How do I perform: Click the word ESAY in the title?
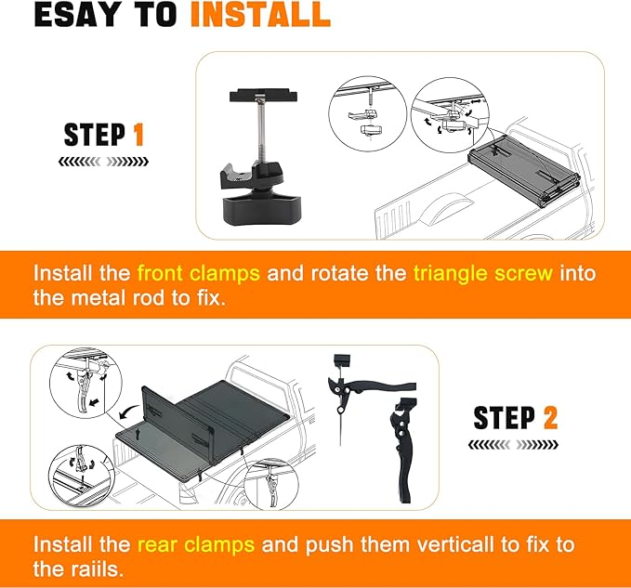75,15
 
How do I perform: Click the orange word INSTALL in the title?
260,15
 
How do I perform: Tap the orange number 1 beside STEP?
138,135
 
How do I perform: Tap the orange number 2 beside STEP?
550,417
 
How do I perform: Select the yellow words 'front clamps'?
199,273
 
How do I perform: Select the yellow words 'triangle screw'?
483,274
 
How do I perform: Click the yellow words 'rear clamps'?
196,545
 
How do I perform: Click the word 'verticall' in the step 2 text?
455,545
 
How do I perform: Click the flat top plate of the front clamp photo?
264,96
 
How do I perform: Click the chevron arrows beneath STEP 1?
103,162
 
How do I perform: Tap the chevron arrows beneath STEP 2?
514,445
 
